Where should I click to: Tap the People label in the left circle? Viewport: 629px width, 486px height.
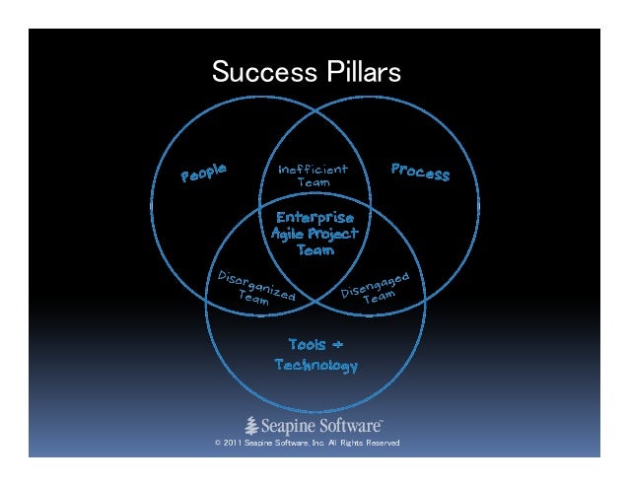pyautogui.click(x=203, y=174)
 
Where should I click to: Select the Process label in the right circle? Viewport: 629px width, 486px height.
pyautogui.click(x=420, y=173)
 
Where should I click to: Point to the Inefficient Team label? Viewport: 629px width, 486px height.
pyautogui.click(x=314, y=175)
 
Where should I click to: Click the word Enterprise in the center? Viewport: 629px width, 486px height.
pyautogui.click(x=314, y=216)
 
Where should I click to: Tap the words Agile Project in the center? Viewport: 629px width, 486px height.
pyautogui.click(x=314, y=234)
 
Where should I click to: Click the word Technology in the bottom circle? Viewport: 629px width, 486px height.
pyautogui.click(x=315, y=365)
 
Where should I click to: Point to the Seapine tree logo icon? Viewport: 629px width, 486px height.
pyautogui.click(x=252, y=426)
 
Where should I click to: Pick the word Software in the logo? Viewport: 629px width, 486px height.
pyautogui.click(x=345, y=426)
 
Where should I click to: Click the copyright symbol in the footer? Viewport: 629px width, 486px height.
pyautogui.click(x=218, y=444)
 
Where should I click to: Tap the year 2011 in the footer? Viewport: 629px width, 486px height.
pyautogui.click(x=235, y=444)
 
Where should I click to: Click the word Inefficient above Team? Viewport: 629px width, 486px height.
pyautogui.click(x=314, y=169)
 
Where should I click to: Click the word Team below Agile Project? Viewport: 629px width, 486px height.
pyautogui.click(x=314, y=250)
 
